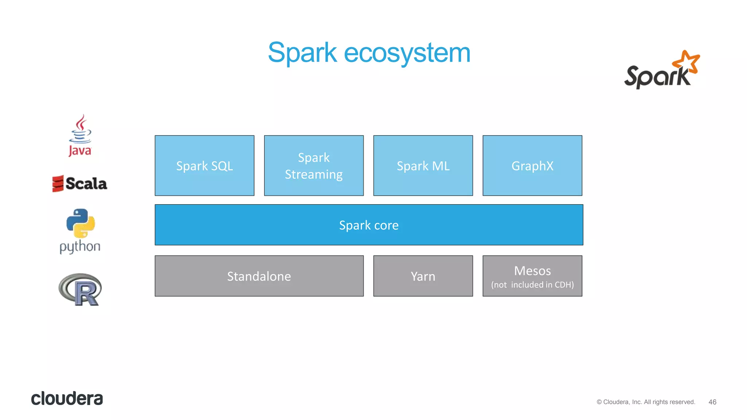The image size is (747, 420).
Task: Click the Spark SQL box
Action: click(204, 166)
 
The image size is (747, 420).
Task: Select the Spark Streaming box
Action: click(314, 166)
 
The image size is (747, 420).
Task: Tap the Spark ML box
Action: click(423, 166)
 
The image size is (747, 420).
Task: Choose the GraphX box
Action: click(532, 166)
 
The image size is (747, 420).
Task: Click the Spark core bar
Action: click(369, 225)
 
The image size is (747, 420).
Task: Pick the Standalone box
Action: click(259, 276)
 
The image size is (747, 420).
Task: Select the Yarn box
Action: click(423, 276)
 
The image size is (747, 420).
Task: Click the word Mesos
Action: click(532, 271)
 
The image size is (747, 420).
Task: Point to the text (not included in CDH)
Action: click(532, 285)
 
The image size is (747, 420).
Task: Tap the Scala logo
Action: click(80, 183)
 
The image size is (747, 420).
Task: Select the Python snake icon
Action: click(81, 223)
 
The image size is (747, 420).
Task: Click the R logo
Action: click(81, 289)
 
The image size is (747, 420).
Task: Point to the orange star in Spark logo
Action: click(687, 61)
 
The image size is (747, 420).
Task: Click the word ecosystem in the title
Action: click(407, 52)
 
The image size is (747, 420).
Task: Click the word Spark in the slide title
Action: click(302, 52)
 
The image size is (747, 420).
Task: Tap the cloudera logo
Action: click(67, 398)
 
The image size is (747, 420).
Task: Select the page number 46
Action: click(712, 402)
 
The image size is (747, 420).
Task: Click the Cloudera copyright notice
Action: click(646, 402)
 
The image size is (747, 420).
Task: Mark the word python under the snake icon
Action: click(80, 247)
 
